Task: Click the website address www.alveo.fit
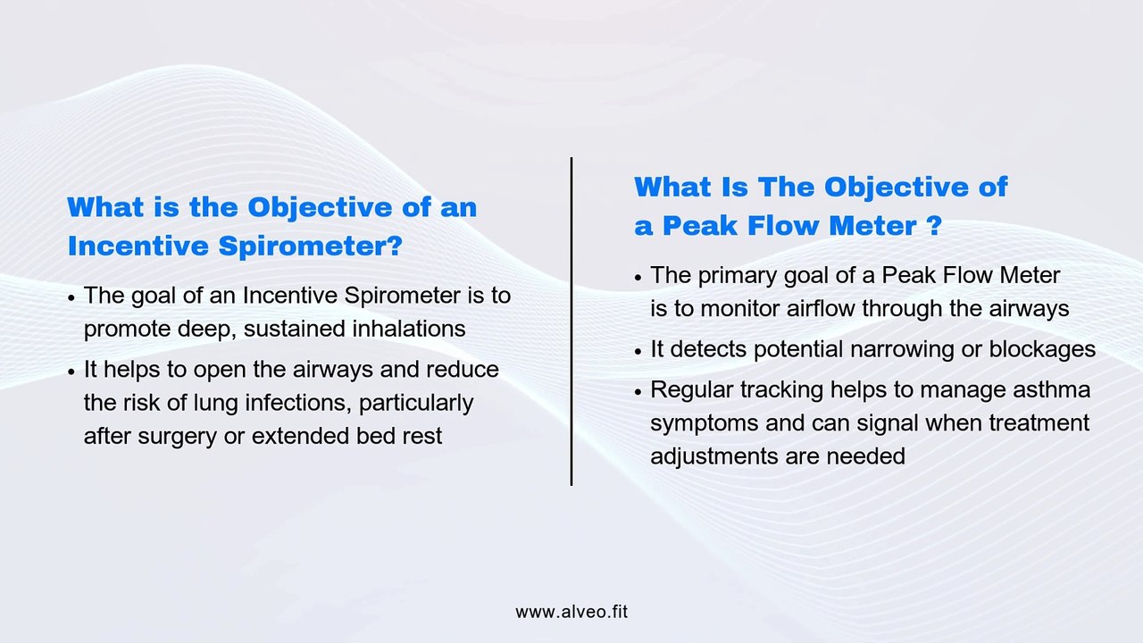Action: click(x=571, y=612)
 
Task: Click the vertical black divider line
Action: click(x=571, y=321)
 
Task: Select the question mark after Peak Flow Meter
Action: click(x=934, y=226)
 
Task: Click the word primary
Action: click(x=737, y=275)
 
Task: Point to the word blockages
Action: click(x=1042, y=349)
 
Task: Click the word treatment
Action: click(x=1039, y=422)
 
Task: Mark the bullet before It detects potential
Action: click(x=638, y=351)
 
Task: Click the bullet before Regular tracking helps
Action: click(x=638, y=392)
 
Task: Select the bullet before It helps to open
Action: click(x=71, y=372)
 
